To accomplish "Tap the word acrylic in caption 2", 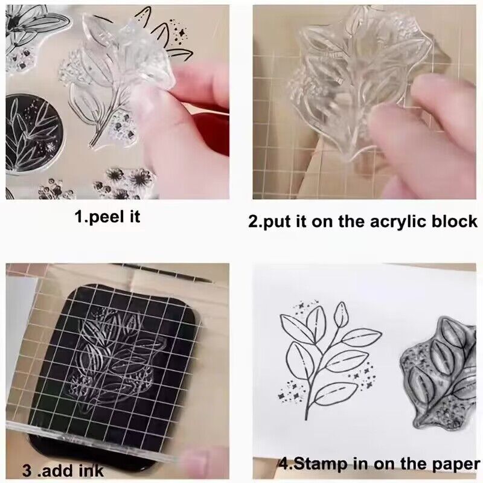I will (392, 221).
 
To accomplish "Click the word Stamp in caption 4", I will (327, 465).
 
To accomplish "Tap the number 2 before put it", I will (254, 221).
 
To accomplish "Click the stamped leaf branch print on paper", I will (326, 356).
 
